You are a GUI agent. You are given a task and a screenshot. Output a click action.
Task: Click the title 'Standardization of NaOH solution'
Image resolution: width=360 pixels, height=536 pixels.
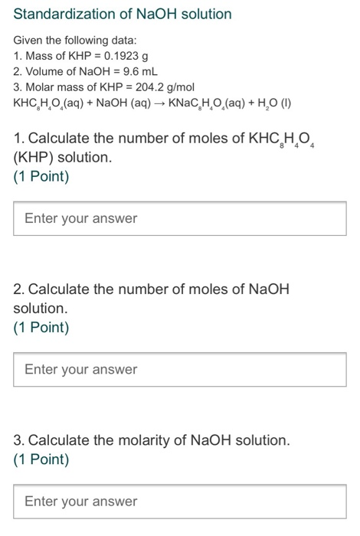(123, 14)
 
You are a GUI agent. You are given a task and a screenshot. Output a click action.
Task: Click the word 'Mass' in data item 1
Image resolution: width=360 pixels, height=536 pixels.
(41, 56)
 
